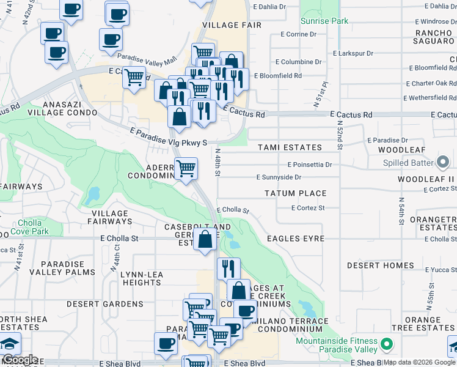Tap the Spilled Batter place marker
tap(443, 163)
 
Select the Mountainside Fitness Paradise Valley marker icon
tap(386, 344)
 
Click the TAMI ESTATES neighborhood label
tap(290, 147)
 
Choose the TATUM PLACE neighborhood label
tap(295, 193)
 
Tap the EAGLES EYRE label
tap(296, 238)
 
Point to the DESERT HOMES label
tap(381, 265)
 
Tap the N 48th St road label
tap(217, 160)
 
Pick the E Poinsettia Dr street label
tap(310, 165)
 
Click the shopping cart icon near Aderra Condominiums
tap(186, 168)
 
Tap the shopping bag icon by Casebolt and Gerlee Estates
tap(205, 239)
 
